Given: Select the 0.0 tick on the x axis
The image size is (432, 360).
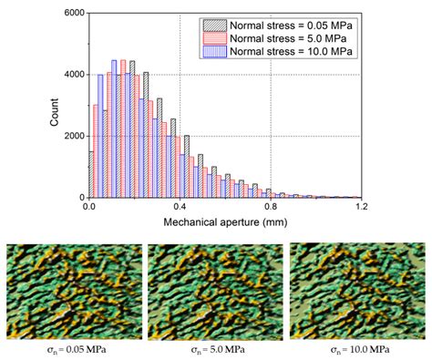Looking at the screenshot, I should [89, 207].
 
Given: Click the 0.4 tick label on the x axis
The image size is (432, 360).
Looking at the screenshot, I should [180, 207].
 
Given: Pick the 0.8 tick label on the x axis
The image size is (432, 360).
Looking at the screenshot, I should [271, 207].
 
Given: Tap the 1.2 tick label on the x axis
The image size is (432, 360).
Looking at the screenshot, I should [361, 207].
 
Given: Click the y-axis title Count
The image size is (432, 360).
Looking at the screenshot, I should [46, 106].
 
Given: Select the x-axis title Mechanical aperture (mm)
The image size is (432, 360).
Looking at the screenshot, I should [224, 221].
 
